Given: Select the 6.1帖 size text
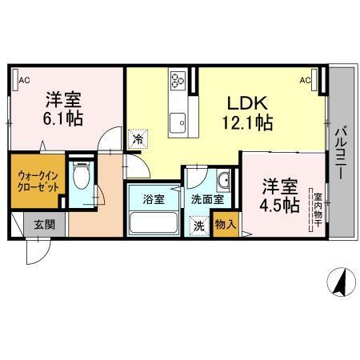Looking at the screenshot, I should [62, 118].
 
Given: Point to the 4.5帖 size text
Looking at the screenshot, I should [280, 206].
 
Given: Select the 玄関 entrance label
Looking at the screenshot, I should [45, 225].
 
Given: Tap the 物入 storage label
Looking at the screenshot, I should [225, 225].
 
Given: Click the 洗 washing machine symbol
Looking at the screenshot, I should [198, 225].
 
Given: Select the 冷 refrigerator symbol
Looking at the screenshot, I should [138, 138].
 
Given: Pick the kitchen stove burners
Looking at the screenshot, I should [177, 79].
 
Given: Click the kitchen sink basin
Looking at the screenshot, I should [177, 121].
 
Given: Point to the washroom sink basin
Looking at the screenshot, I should [223, 178].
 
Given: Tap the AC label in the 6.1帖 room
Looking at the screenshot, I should [23, 78].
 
